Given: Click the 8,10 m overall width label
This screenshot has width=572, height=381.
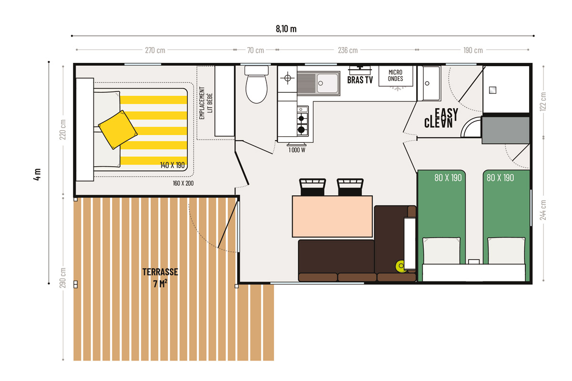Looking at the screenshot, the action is [x=286, y=29].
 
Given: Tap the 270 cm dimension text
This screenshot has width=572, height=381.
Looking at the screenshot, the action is [x=155, y=50].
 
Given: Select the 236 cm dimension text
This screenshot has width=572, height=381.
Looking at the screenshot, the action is [x=347, y=50].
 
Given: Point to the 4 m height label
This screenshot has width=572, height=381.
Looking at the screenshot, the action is [x=37, y=175].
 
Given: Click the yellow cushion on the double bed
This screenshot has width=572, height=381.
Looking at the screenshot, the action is [x=118, y=130].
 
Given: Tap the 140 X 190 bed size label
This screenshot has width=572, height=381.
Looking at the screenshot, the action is [x=173, y=165].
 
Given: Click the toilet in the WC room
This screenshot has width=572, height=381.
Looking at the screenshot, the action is [x=256, y=84].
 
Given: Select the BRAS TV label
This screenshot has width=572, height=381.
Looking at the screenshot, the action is [x=360, y=80].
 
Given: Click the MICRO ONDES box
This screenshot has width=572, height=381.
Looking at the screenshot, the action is [x=396, y=76].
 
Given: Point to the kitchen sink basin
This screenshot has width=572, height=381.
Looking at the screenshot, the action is [x=327, y=83].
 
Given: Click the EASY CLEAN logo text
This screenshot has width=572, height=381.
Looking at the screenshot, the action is [x=441, y=118].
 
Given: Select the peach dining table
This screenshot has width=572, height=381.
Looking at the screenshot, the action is [x=332, y=216].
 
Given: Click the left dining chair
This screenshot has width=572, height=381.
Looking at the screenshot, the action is [x=312, y=187].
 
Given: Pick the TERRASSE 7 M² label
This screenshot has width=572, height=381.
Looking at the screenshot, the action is [x=160, y=278].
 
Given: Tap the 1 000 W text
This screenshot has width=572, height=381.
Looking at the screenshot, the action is [x=296, y=150].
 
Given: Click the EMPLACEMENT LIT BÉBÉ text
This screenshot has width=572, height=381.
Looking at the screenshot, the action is [x=206, y=103].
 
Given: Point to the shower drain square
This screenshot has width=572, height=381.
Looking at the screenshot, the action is [x=492, y=90].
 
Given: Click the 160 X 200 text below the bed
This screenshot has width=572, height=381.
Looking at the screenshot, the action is [x=183, y=183].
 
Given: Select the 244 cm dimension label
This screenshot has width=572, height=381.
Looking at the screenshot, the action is [x=543, y=210].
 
